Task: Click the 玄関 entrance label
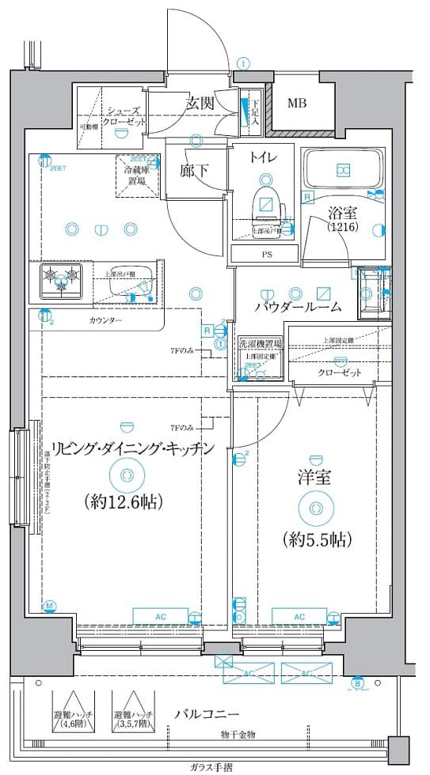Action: point(201,103)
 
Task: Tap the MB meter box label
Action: point(297,103)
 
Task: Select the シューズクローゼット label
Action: point(125,118)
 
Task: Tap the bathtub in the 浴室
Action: point(343,170)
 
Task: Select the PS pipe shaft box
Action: point(264,254)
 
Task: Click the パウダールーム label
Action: point(298,307)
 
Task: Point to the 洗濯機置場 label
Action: point(260,345)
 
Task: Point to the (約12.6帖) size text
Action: point(124,501)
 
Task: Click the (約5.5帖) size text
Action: point(316,539)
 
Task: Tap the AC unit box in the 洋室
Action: point(299,617)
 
